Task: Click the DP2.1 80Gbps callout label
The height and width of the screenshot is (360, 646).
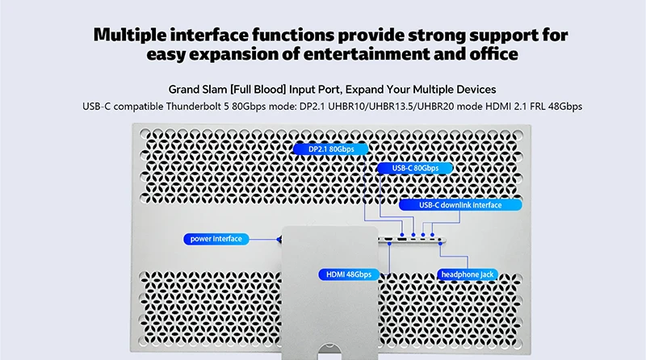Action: [329, 149]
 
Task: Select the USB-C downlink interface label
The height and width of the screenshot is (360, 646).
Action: [460, 205]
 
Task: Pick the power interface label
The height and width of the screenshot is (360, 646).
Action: [216, 239]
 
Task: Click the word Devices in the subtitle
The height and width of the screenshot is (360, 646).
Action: [476, 89]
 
